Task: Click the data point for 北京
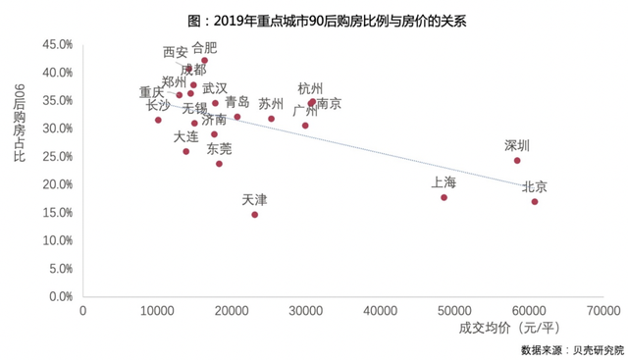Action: [535, 202]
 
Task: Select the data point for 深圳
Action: [517, 161]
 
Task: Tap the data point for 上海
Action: [445, 197]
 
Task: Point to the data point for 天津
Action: [255, 215]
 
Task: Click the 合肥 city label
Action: [204, 47]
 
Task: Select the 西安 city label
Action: [175, 52]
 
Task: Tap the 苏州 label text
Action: [272, 104]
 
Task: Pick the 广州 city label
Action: [305, 111]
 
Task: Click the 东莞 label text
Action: [220, 149]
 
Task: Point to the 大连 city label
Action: [185, 136]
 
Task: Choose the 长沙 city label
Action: [158, 105]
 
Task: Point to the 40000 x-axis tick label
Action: [381, 311]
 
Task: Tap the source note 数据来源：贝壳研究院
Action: [572, 348]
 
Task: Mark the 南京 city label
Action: [330, 104]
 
